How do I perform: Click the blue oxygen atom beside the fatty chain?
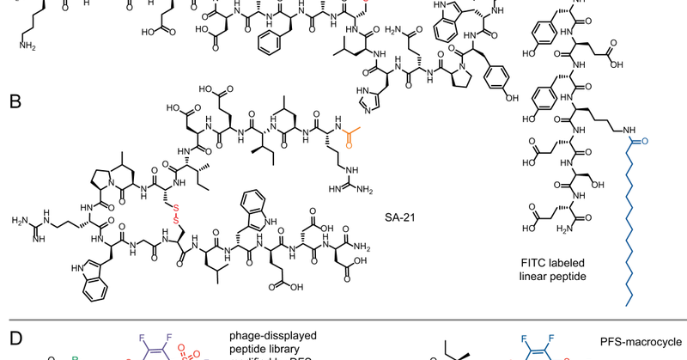(644, 138)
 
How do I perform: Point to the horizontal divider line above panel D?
(343, 320)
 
